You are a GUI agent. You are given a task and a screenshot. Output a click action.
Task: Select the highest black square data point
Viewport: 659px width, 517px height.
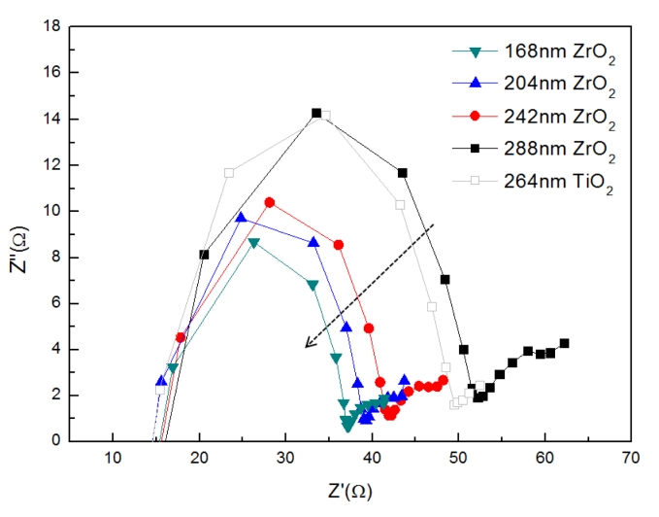tap(316, 113)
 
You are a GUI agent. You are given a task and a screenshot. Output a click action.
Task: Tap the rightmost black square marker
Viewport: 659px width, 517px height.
tap(564, 343)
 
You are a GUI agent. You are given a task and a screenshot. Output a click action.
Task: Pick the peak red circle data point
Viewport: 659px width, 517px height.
tap(270, 202)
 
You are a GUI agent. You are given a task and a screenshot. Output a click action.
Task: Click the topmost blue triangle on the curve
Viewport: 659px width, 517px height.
tap(241, 218)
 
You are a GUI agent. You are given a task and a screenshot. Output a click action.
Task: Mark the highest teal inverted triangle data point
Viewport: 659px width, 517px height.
tap(254, 243)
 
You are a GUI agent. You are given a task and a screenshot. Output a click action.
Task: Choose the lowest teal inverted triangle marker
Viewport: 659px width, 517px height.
tap(346, 426)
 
